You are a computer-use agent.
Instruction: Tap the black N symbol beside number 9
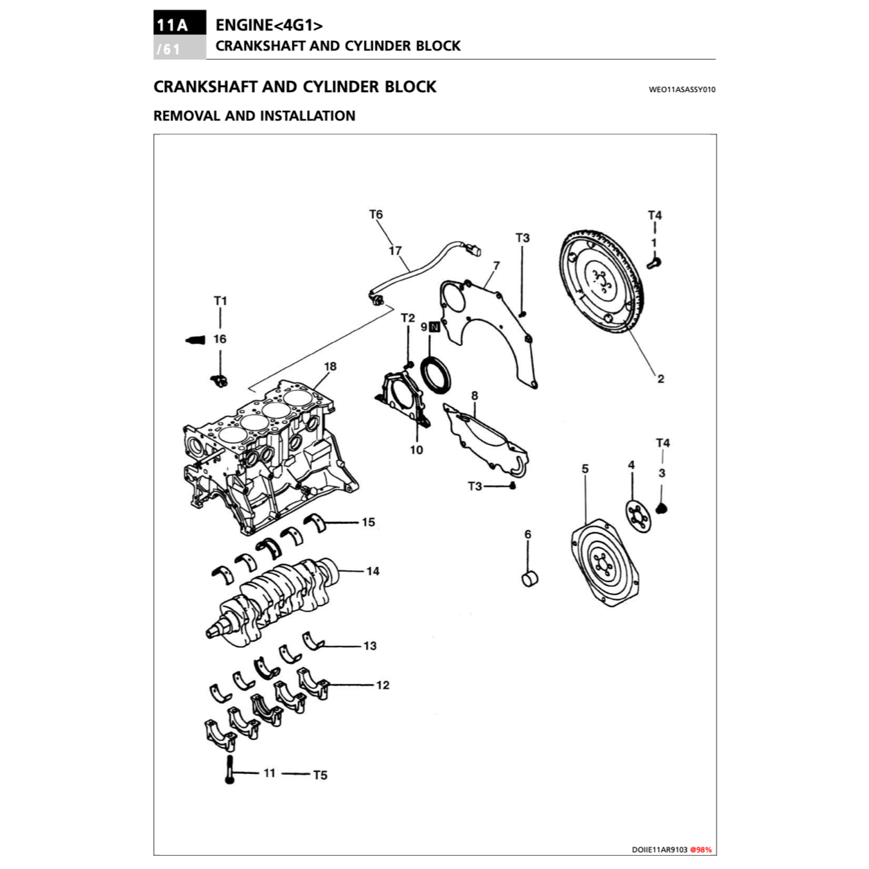click(434, 327)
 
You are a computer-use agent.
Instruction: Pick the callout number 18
click(330, 367)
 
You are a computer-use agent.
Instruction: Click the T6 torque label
click(376, 215)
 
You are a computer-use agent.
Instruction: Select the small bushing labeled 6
click(530, 577)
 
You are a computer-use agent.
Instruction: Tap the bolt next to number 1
click(654, 262)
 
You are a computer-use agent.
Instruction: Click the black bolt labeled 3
click(662, 509)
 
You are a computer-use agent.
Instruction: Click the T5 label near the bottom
click(319, 775)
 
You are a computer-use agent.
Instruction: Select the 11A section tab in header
click(171, 25)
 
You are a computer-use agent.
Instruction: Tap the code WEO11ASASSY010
click(681, 89)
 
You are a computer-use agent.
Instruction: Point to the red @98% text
click(701, 850)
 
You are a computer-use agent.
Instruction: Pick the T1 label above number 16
click(220, 301)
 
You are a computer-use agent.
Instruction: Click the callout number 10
click(416, 450)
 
